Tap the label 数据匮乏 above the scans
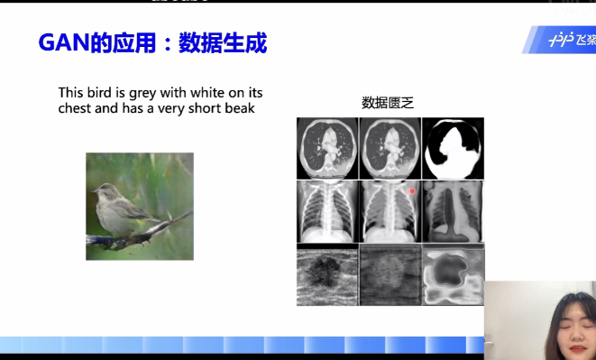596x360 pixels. pyautogui.click(x=387, y=103)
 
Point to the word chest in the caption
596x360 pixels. pyautogui.click(x=76, y=108)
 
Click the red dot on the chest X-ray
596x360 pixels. pyautogui.click(x=412, y=191)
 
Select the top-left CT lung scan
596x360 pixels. pyautogui.click(x=327, y=148)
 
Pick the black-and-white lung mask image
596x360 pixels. pyautogui.click(x=454, y=148)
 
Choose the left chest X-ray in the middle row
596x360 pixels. pyautogui.click(x=327, y=211)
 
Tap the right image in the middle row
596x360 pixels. pyautogui.click(x=454, y=211)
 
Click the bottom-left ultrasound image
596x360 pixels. pyautogui.click(x=327, y=274)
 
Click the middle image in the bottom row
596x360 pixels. pyautogui.click(x=390, y=274)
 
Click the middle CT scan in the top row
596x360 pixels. pyautogui.click(x=390, y=148)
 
